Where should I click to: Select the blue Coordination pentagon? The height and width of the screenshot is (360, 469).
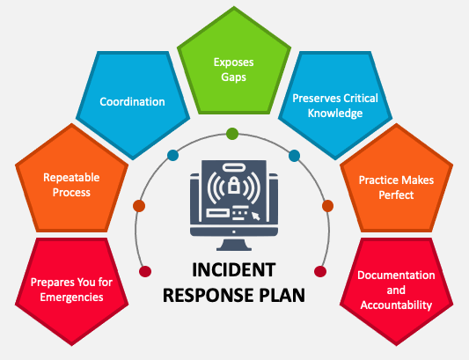coord(131,101)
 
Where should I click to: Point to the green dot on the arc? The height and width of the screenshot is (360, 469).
coord(232,134)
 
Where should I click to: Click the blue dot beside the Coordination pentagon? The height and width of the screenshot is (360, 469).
coord(172,156)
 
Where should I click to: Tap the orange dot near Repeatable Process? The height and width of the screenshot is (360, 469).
coord(139,206)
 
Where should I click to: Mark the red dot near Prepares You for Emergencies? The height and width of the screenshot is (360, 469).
coord(145,270)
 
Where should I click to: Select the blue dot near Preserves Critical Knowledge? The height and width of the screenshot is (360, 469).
coord(294,156)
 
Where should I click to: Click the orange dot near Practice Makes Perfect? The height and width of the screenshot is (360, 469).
coord(327,206)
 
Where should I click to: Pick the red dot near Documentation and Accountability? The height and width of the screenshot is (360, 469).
coord(320,270)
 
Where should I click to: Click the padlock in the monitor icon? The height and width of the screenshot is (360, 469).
coord(234,187)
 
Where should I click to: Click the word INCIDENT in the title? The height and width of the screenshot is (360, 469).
coord(233,270)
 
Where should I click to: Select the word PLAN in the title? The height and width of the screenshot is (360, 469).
coord(281,294)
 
